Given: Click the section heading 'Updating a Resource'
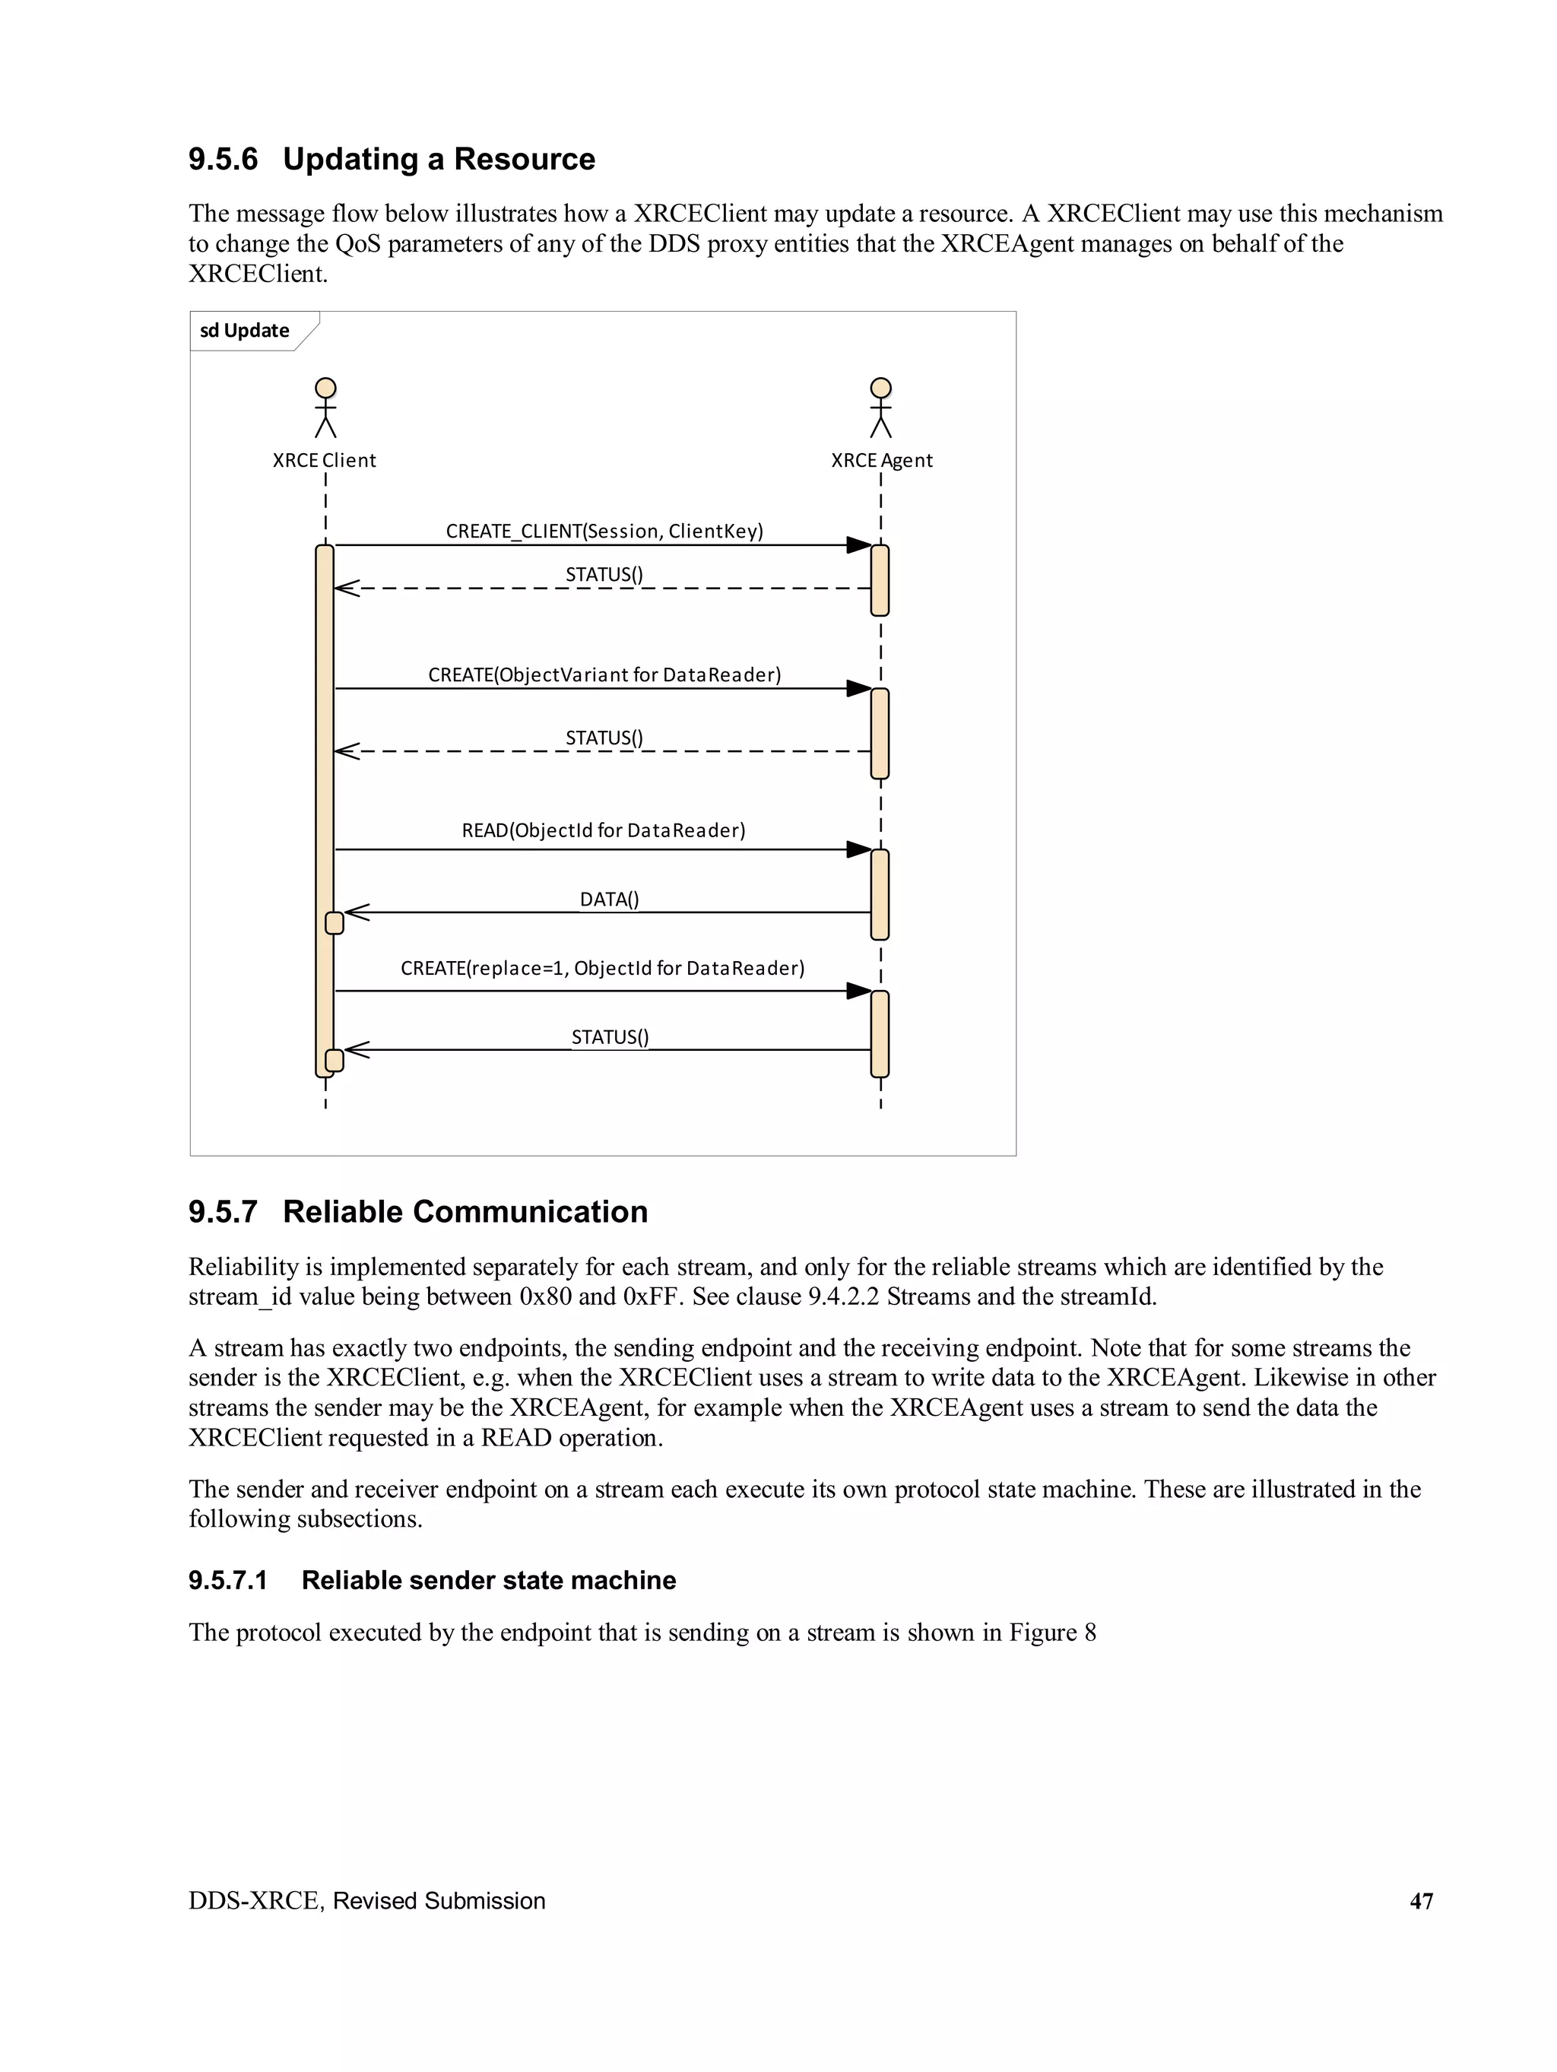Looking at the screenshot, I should (x=439, y=159).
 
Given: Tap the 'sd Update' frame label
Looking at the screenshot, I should (x=245, y=331).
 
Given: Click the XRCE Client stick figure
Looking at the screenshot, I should (x=325, y=408).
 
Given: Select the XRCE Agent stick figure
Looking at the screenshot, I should (x=880, y=408).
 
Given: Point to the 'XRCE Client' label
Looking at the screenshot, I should (x=324, y=460).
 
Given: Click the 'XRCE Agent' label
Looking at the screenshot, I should (x=882, y=460).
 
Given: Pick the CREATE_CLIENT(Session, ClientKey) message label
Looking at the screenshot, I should (x=604, y=531).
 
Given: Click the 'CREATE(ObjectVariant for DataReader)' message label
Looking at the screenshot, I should (x=604, y=674).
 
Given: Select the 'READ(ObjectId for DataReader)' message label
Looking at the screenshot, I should (x=604, y=830).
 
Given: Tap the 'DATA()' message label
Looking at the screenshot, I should (x=609, y=900).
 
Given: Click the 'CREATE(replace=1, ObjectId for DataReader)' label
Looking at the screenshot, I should (x=602, y=968).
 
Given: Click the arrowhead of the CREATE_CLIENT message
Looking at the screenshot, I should (x=858, y=545).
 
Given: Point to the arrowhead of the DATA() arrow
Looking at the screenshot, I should (x=357, y=912).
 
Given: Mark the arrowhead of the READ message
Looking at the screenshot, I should (x=858, y=849).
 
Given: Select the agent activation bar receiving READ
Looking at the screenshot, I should (x=880, y=894).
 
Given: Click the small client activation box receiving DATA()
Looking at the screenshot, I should (x=335, y=922).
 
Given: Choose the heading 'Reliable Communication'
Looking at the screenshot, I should (x=465, y=1212).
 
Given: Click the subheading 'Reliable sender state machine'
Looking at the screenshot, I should (x=488, y=1580).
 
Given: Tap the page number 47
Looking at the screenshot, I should (x=1421, y=1901).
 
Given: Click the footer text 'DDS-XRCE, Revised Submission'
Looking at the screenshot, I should (x=366, y=1901).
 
